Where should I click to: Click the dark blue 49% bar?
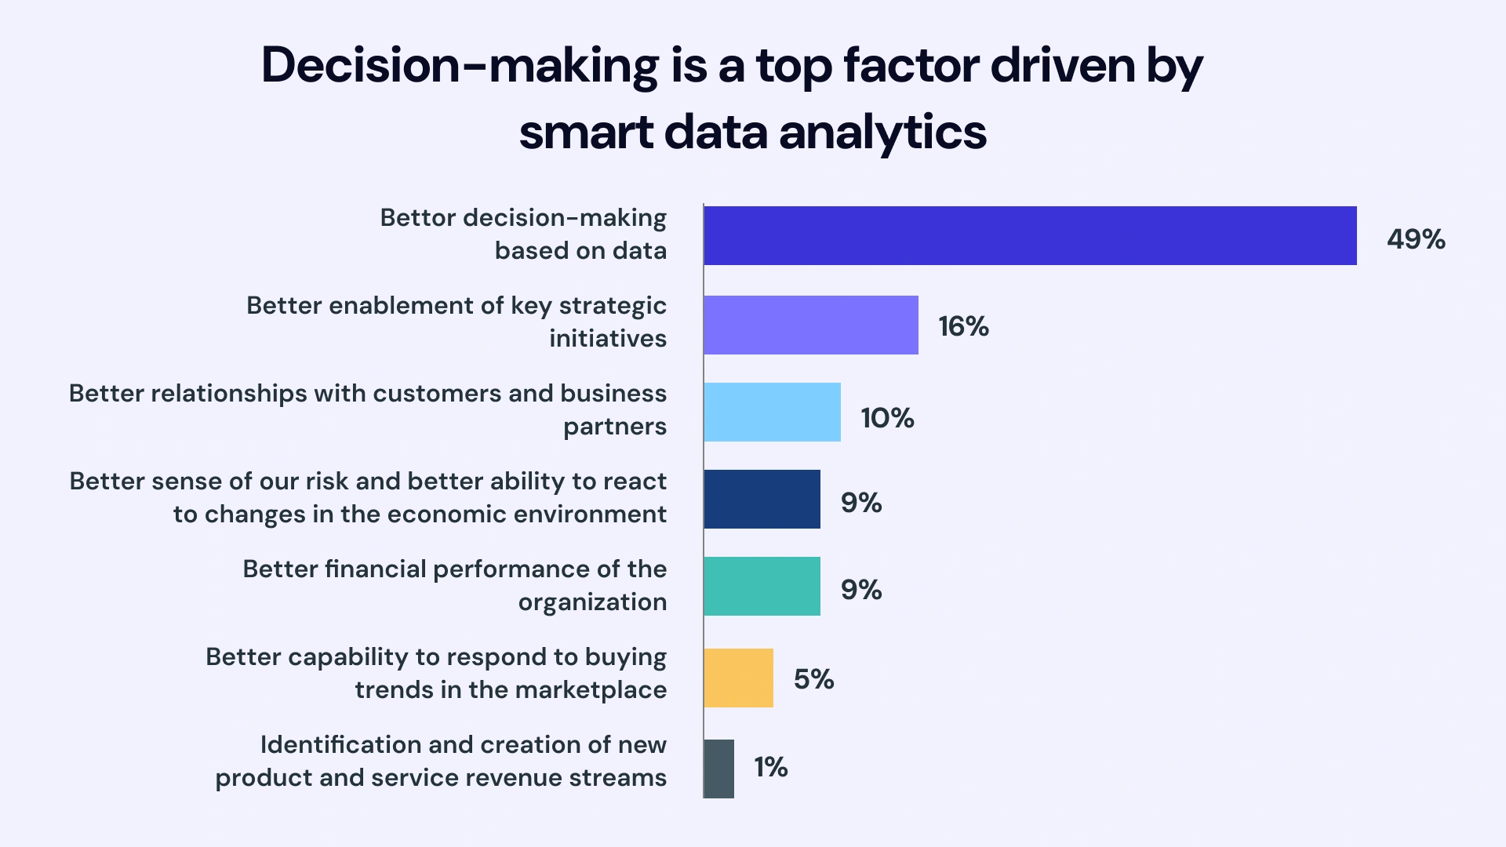coord(1030,235)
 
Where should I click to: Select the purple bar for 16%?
coord(811,325)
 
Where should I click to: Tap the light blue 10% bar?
coord(772,412)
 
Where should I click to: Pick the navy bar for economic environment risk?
coord(762,499)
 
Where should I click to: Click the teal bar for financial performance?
coord(762,586)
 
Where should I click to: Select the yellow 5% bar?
coord(738,678)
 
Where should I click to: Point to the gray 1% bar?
coord(718,769)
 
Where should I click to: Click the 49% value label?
coord(1416,239)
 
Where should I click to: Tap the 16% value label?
coord(963,326)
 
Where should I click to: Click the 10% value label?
coord(887,418)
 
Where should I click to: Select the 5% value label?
coord(813,679)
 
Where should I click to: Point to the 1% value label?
coord(770,767)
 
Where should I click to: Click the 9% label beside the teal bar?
coord(860,590)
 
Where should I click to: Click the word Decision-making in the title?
coord(460,66)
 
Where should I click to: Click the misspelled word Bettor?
coord(418,217)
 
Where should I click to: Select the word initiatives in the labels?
coord(608,339)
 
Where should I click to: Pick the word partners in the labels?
coord(615,427)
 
